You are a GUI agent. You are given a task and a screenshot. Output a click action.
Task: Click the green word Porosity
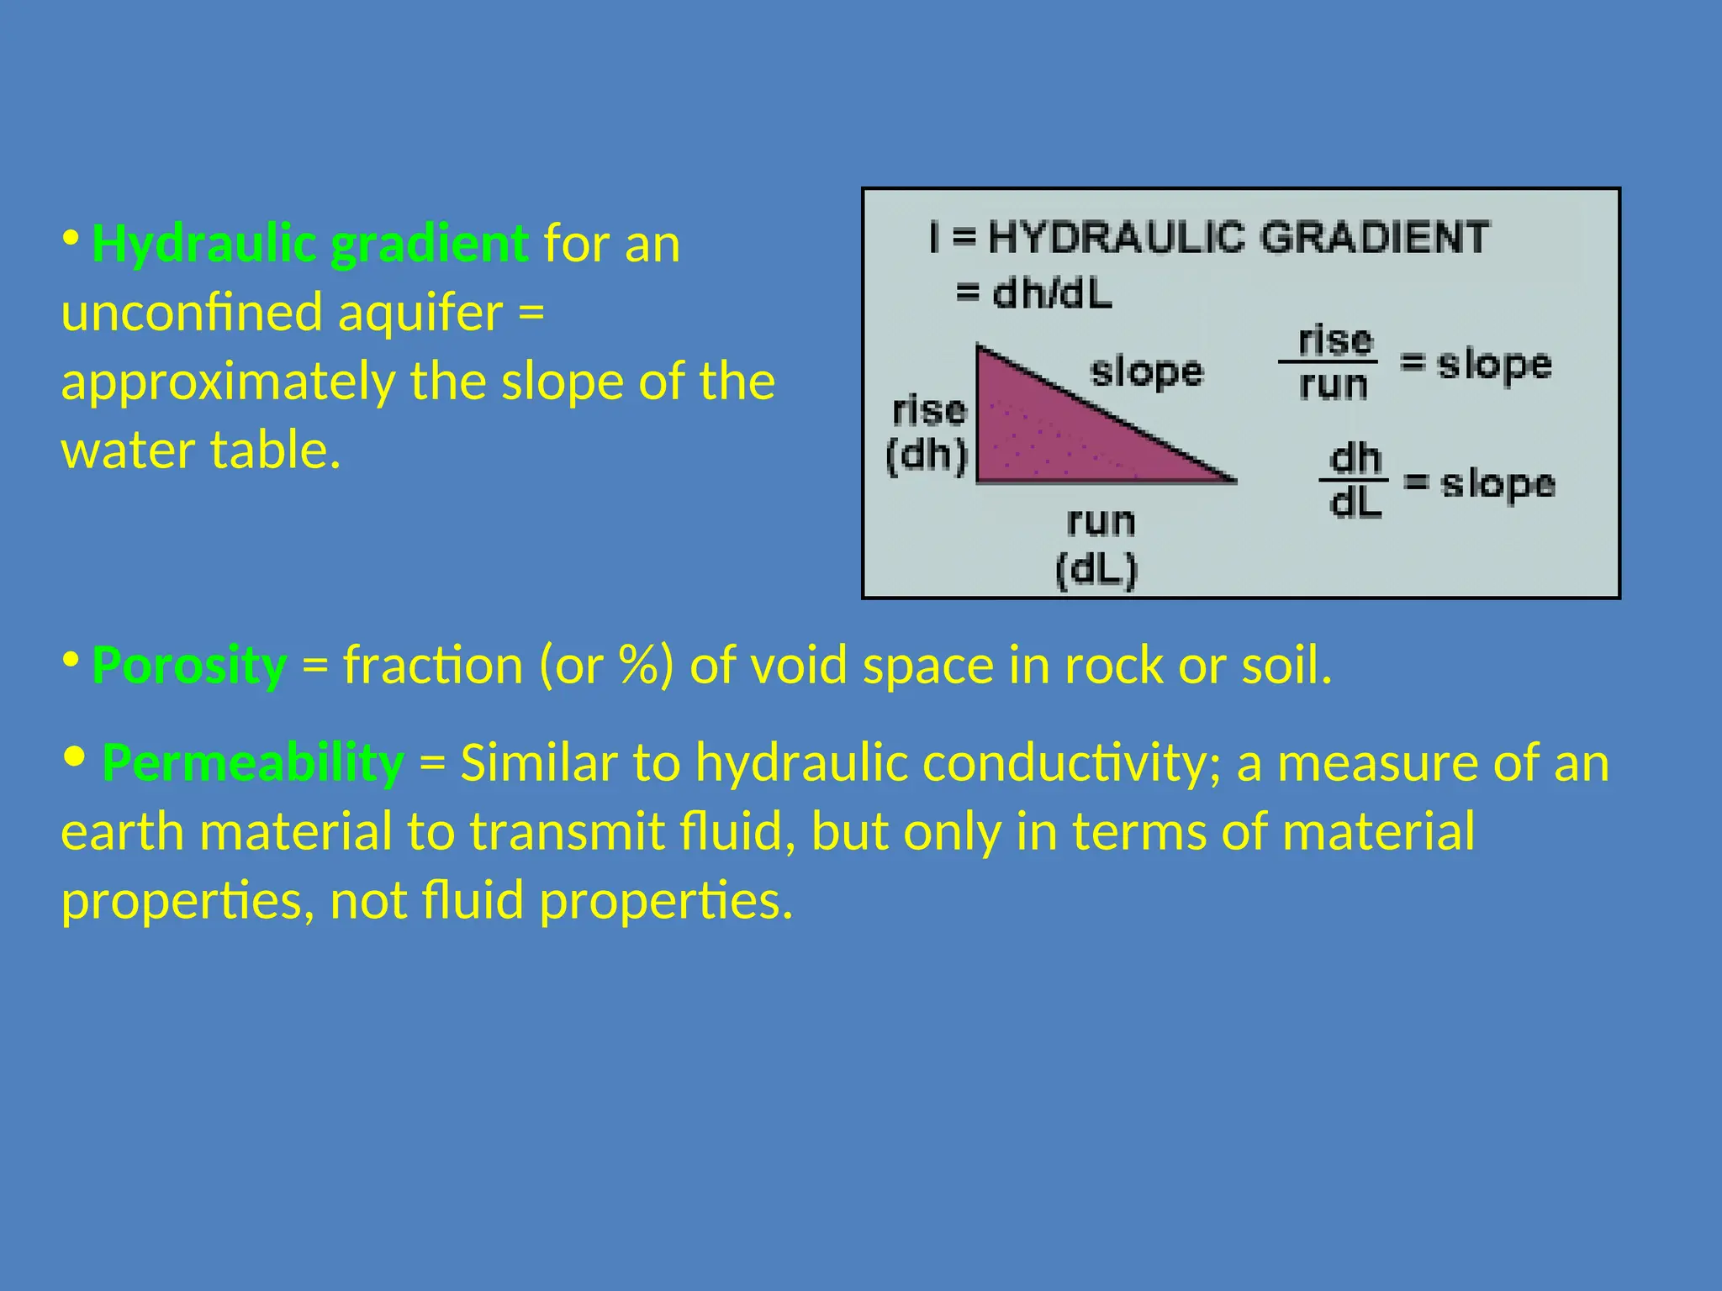tap(189, 666)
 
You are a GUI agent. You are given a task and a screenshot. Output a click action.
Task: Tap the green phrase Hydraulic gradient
tap(309, 244)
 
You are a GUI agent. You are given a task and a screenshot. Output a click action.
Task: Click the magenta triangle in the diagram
tap(1059, 429)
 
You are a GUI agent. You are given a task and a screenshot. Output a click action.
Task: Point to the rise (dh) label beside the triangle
tap(928, 434)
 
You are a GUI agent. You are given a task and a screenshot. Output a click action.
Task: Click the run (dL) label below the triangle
tap(1098, 546)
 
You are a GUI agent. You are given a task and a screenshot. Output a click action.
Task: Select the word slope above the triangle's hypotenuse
tap(1147, 371)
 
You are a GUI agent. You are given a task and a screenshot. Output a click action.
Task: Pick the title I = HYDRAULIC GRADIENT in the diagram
tap(1209, 237)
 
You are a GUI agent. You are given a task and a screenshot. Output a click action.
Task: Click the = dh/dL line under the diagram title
tap(1034, 294)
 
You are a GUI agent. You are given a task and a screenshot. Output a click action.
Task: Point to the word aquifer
tap(420, 314)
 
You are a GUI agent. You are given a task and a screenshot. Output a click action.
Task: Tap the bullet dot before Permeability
tap(74, 756)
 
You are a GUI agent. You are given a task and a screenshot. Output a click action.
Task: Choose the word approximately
tap(228, 383)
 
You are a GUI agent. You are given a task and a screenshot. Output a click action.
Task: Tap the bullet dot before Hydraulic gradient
tap(71, 239)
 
